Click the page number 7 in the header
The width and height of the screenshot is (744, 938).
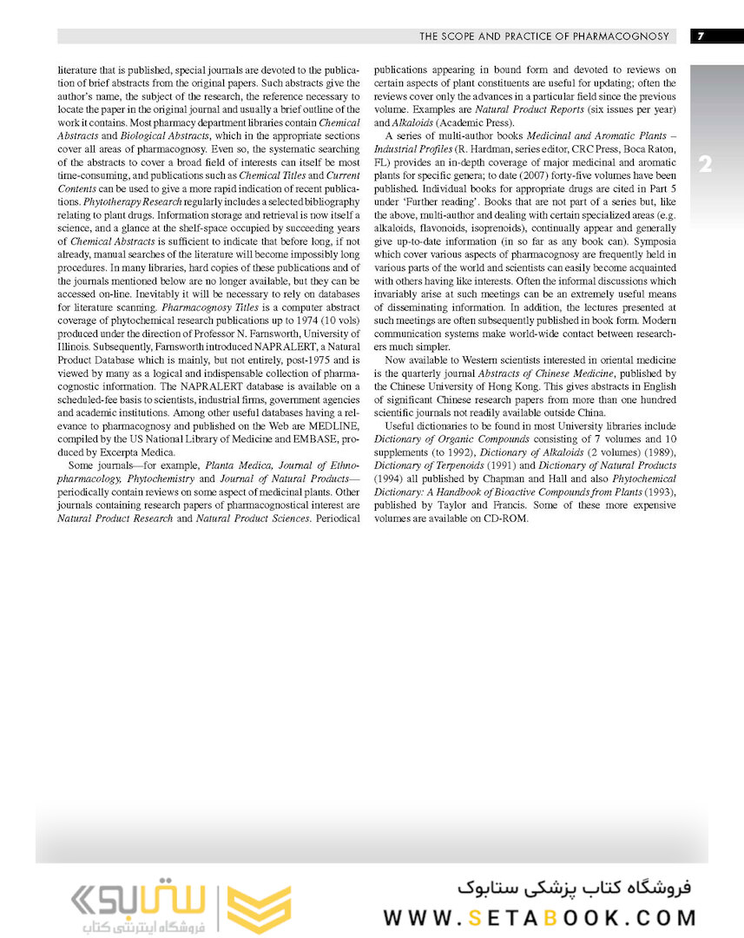pos(700,36)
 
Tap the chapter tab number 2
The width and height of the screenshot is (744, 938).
pos(705,164)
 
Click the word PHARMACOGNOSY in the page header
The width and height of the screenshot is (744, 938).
pos(623,36)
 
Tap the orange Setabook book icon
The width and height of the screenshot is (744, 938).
pos(259,908)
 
